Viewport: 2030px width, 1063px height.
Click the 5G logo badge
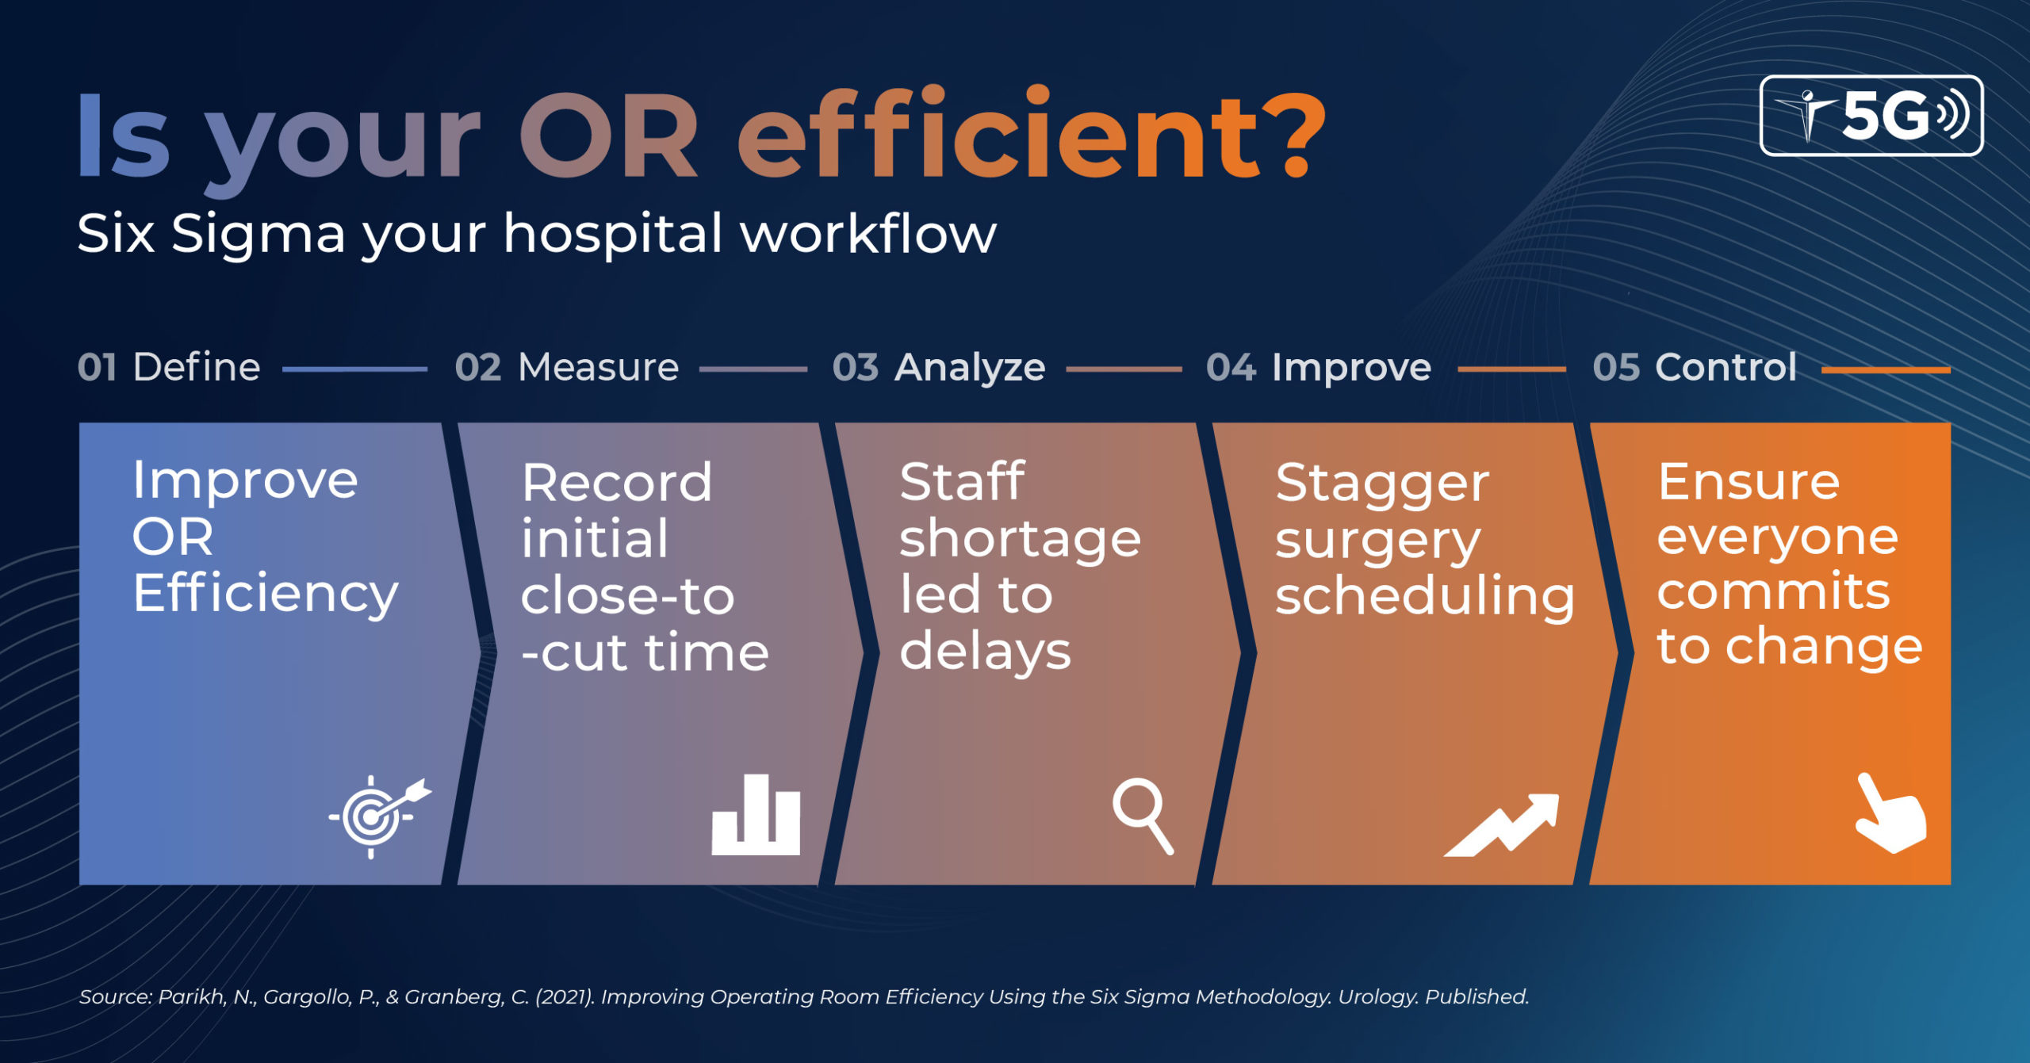tap(1871, 116)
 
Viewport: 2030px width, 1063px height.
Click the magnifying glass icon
tap(1142, 816)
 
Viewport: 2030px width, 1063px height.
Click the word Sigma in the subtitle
tap(259, 235)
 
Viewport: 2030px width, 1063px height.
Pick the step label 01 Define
tap(169, 368)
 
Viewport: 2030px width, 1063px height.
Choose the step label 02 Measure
tap(567, 368)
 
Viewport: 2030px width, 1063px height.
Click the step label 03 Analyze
tap(939, 368)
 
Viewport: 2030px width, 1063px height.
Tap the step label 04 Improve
tap(1319, 368)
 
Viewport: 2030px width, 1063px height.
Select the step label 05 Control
tap(1695, 368)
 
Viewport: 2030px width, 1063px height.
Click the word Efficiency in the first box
tap(265, 595)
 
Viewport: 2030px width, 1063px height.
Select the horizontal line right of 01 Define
tap(354, 369)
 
